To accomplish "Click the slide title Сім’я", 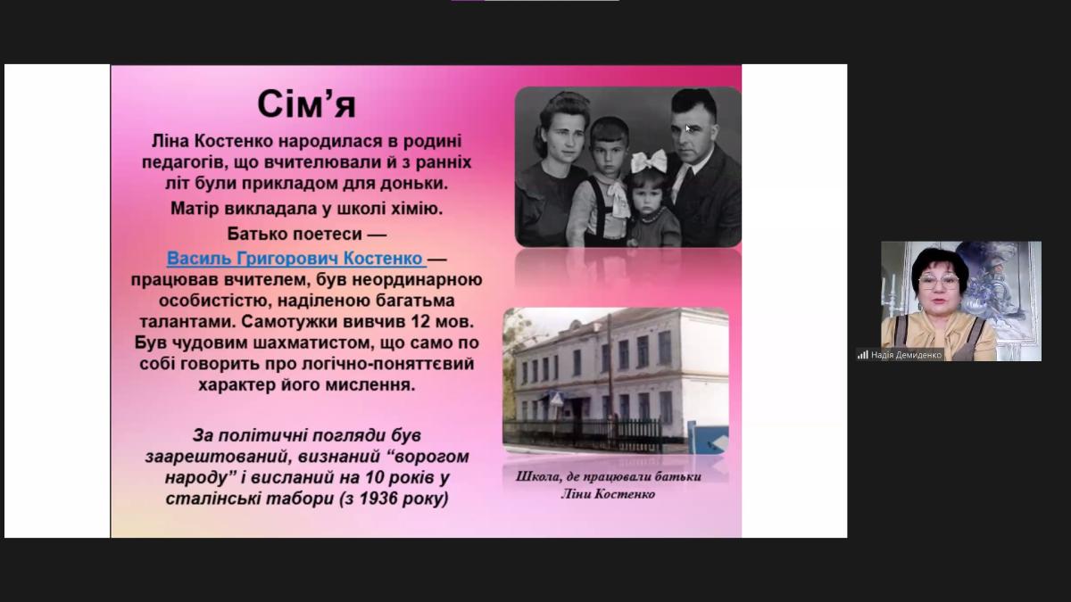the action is click(x=306, y=104).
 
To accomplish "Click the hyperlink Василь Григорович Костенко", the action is click(x=295, y=259).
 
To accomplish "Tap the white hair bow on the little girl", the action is click(x=649, y=161).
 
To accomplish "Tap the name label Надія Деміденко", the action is click(x=906, y=355).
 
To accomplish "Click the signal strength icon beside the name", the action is click(x=862, y=355).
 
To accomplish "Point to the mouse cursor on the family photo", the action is click(x=688, y=128).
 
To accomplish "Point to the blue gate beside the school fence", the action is click(x=710, y=437).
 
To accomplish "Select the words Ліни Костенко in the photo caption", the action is click(x=608, y=493).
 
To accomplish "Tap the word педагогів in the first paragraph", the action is click(x=178, y=163).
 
